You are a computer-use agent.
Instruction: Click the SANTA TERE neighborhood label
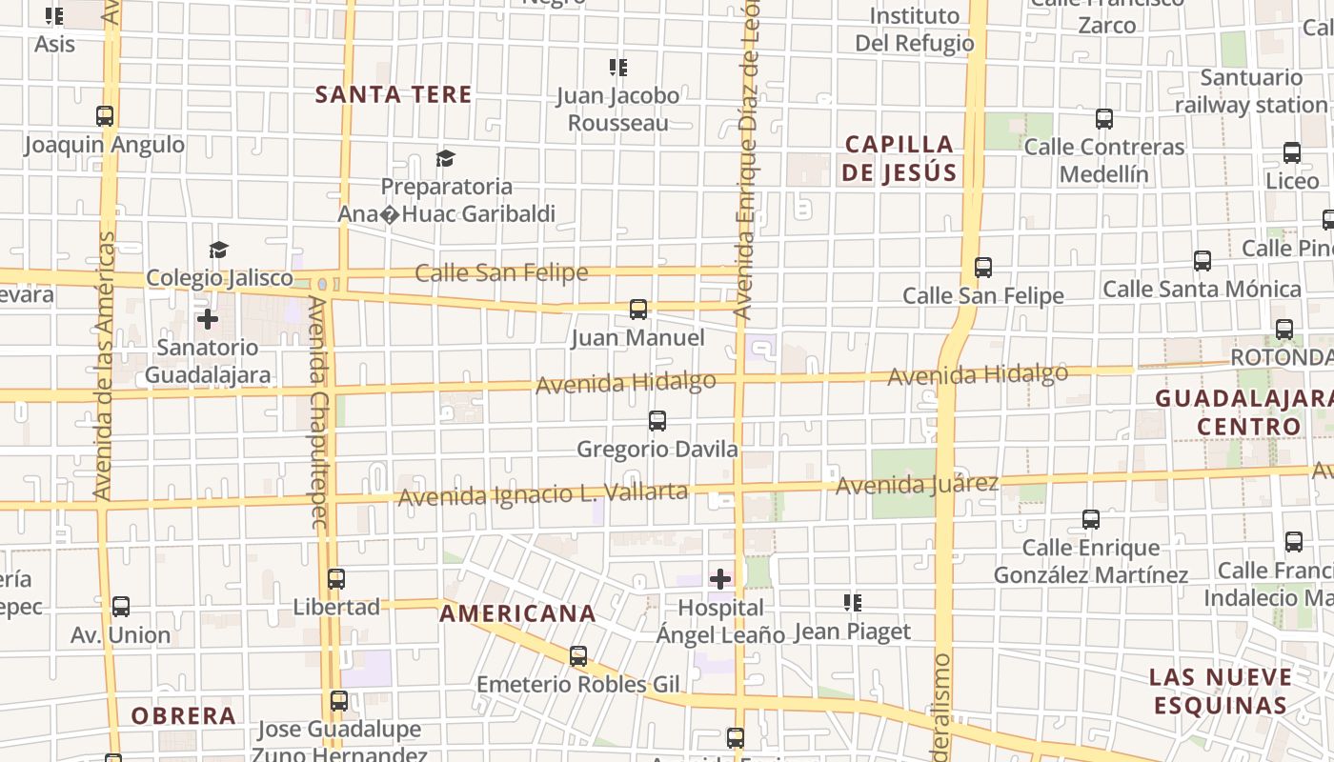coord(394,94)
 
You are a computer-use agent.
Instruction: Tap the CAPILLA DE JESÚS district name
coord(899,158)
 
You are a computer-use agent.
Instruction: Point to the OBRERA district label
coord(183,716)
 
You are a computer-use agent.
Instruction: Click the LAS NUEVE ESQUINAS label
coord(1220,692)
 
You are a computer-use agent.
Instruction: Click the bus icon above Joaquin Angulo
coord(105,116)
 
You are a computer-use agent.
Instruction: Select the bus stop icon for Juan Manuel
coord(638,310)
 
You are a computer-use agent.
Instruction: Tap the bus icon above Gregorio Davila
coord(657,421)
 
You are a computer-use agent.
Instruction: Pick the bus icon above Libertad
coord(335,579)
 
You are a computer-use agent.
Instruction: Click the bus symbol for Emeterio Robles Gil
coord(577,656)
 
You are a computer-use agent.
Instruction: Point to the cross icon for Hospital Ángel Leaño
coord(720,578)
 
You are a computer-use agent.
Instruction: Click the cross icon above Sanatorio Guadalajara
coord(208,319)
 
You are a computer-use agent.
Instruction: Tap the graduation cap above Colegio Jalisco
coord(219,251)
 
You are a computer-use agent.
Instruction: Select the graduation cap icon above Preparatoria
coord(445,158)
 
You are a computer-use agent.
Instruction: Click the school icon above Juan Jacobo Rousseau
coord(618,68)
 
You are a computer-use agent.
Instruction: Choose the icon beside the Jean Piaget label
coord(853,603)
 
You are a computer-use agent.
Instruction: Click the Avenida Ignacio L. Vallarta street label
coord(542,494)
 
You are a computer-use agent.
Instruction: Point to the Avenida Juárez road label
coord(916,485)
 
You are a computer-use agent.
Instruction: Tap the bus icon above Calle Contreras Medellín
coord(1104,119)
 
